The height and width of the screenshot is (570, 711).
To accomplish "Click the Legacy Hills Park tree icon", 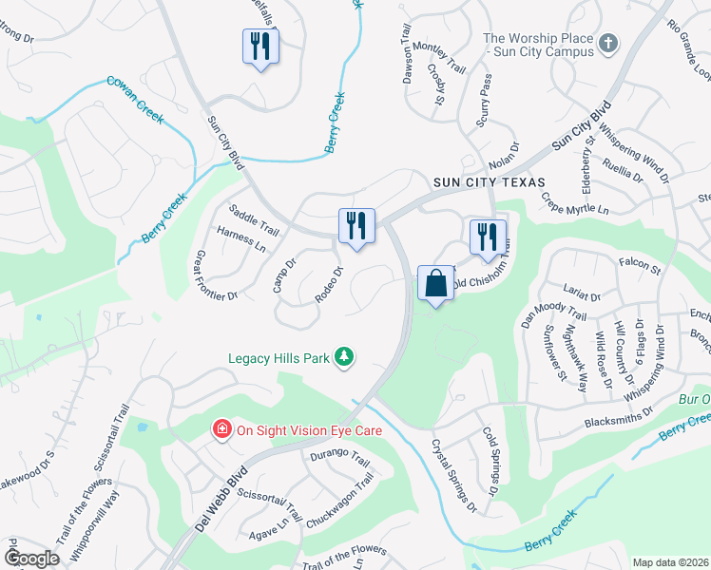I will (344, 358).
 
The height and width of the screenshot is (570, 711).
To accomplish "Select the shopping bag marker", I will (435, 283).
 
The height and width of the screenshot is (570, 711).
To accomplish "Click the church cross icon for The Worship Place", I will (608, 44).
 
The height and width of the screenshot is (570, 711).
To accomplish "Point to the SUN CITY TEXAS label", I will (490, 182).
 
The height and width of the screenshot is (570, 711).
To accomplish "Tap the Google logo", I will (31, 559).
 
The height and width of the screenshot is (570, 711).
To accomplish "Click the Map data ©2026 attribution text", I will (670, 562).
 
